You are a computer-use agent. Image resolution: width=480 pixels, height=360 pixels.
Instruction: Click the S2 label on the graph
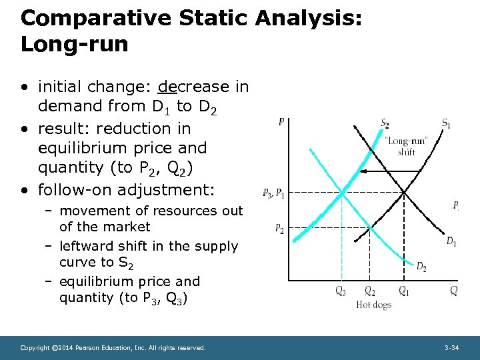coord(385,123)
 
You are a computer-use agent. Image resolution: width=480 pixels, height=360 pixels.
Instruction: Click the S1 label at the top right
coord(446,123)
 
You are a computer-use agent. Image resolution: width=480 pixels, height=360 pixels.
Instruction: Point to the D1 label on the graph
coord(451,241)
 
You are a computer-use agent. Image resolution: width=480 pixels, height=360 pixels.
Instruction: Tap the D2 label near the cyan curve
coord(421,267)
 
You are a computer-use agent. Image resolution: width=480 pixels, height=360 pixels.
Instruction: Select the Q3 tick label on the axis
coord(341,291)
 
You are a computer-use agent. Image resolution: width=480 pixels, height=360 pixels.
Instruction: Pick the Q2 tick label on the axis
coord(370,291)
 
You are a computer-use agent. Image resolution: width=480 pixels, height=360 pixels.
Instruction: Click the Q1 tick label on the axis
coord(404,291)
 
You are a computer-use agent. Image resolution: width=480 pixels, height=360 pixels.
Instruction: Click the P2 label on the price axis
coord(279,229)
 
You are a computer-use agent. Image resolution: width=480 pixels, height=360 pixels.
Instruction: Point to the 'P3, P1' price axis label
coord(275,193)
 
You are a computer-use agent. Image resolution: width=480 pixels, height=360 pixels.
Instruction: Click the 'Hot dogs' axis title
coord(373,305)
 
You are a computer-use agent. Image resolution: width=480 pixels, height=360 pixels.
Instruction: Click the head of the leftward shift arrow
coord(370,173)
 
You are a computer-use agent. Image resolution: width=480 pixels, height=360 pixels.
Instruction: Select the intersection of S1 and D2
coord(371,228)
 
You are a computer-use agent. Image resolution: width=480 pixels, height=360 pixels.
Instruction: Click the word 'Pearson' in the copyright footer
coord(93,348)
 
